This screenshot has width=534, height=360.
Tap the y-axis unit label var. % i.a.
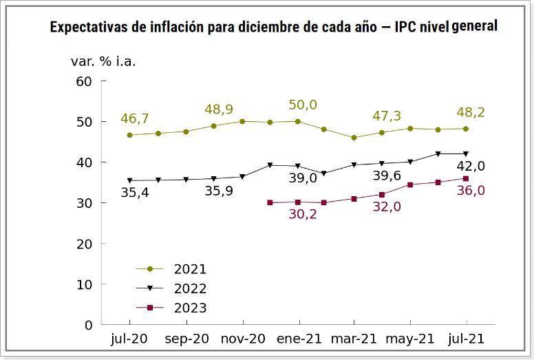[x=103, y=61]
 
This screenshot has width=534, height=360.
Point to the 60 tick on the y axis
[x=84, y=81]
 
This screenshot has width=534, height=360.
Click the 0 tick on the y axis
[x=88, y=324]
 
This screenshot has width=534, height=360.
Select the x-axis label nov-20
[x=242, y=339]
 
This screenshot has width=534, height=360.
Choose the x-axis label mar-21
[x=354, y=339]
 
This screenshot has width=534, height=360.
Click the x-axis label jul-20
[x=129, y=339]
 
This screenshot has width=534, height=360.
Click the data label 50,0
[x=302, y=105]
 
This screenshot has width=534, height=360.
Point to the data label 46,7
[x=135, y=118]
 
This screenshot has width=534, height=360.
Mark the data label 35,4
[x=134, y=193]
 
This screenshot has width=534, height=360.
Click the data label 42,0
[x=471, y=166]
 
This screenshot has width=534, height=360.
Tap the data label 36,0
[x=471, y=191]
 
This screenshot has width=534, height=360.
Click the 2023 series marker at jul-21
[x=466, y=178]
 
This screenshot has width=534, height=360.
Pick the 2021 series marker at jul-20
[x=129, y=135]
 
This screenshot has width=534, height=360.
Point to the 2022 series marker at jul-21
[x=466, y=153]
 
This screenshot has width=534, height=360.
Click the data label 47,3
[x=387, y=116]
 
